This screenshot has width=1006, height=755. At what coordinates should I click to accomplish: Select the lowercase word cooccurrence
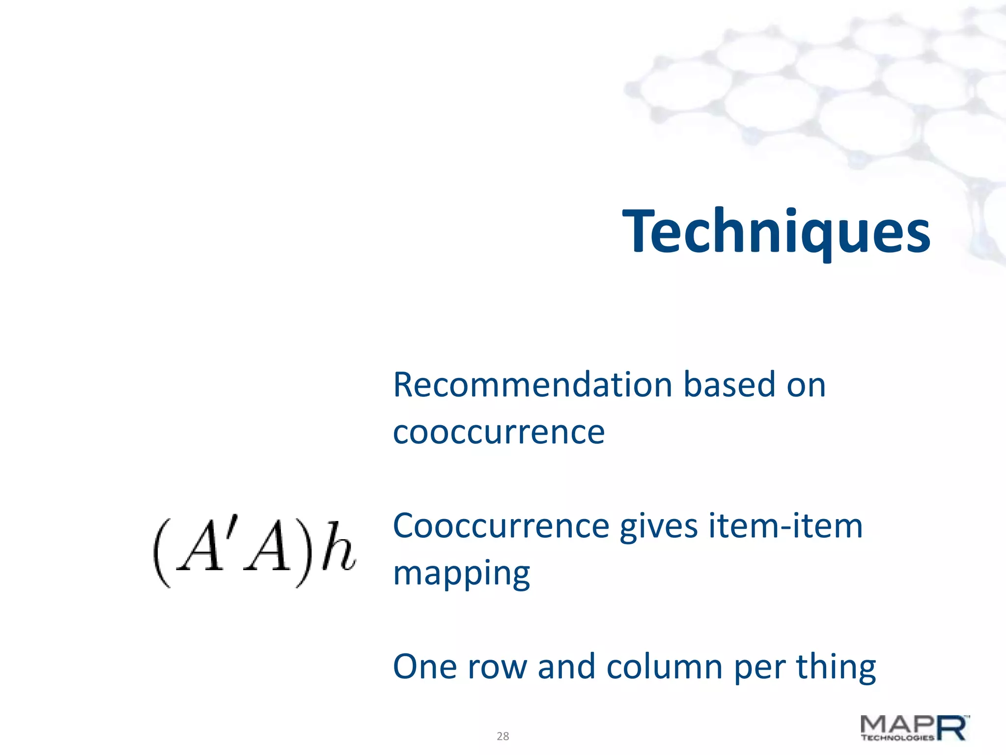point(499,433)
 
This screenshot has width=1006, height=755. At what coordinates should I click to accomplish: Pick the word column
point(664,667)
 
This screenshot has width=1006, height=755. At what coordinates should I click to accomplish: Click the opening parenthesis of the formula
point(163,553)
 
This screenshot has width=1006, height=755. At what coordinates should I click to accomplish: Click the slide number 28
point(503,736)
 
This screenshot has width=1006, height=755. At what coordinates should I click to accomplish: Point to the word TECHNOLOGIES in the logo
point(897,737)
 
